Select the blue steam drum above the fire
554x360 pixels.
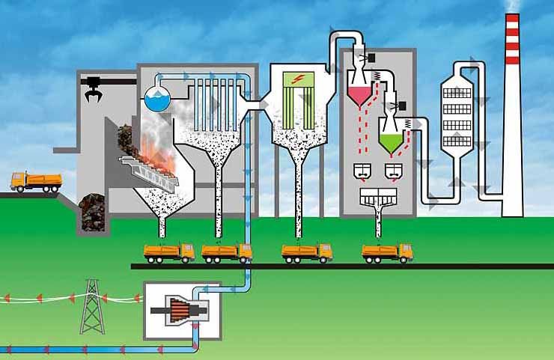[x=159, y=96]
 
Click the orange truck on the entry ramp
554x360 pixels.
[x=36, y=181]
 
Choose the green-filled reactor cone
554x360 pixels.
[x=389, y=141]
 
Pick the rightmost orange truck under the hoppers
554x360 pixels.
[x=387, y=252]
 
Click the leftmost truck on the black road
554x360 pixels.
[x=168, y=252]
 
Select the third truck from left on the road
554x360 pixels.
[x=306, y=252]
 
